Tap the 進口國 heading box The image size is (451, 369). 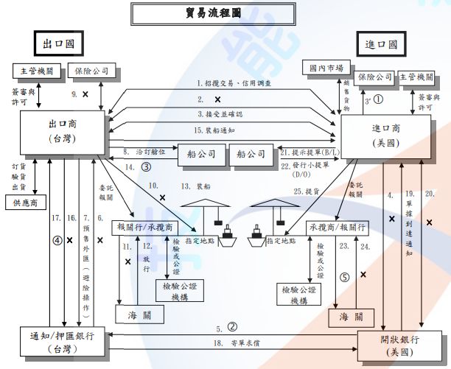382,43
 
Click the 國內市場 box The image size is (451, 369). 324,68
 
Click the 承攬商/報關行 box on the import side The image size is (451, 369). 336,226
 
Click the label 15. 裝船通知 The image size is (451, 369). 219,130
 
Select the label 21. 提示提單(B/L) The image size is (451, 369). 309,151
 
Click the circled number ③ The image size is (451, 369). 147,166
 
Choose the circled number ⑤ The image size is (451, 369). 343,278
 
